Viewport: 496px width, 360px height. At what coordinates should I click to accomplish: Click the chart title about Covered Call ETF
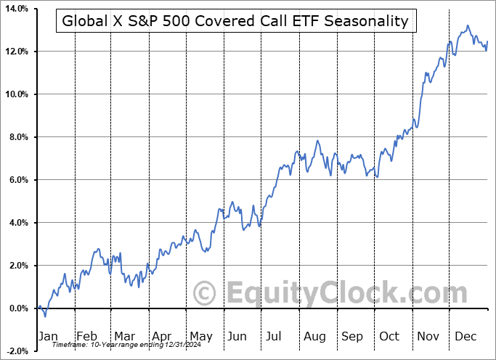coord(235,21)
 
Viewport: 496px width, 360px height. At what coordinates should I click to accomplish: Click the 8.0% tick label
coord(16,137)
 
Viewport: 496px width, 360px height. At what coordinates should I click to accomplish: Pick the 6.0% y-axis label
coord(16,180)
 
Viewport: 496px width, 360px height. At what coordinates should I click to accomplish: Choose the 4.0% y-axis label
coord(16,223)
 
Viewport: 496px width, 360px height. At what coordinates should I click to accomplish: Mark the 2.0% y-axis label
coord(16,266)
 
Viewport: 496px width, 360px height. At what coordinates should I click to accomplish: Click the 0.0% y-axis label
coord(16,308)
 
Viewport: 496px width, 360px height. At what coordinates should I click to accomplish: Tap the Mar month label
coord(124,337)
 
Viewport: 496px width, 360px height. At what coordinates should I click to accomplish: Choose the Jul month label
coord(275,337)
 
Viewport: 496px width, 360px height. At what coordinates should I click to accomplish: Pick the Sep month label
coord(351,337)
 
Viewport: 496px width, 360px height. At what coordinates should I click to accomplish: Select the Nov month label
coord(427,337)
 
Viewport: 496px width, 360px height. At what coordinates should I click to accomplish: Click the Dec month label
coord(465,337)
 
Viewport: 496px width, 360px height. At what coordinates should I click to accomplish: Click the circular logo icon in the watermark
coord(206,294)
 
